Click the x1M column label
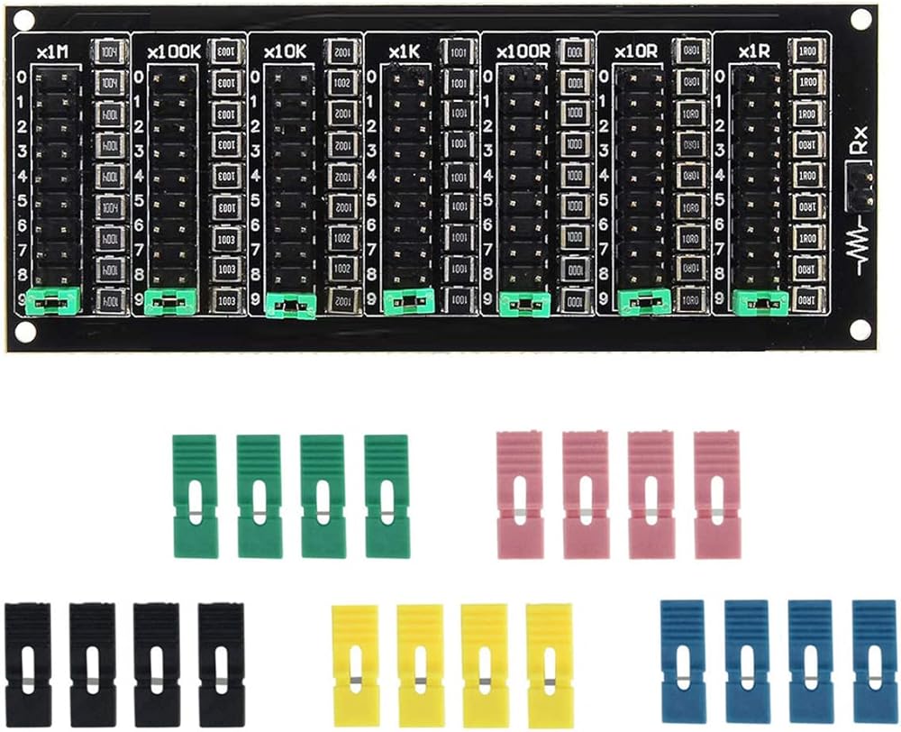(52, 52)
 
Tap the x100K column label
(173, 52)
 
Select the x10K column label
(287, 52)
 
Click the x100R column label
(523, 52)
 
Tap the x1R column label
(752, 52)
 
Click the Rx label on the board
(861, 142)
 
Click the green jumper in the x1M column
(55, 302)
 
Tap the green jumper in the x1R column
(761, 302)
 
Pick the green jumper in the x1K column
(409, 302)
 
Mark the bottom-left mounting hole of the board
(24, 331)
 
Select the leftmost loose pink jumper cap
(520, 494)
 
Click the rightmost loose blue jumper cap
(874, 662)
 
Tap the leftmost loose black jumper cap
(27, 663)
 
